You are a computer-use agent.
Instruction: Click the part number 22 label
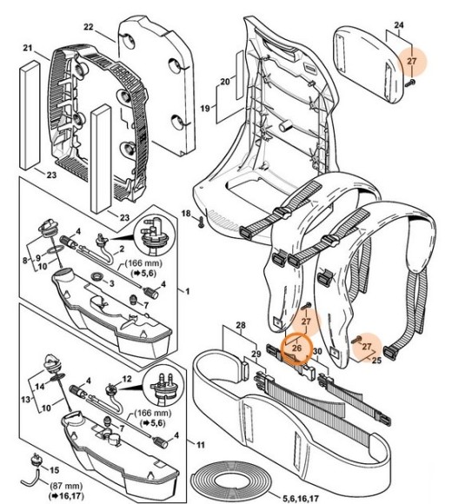[89, 27]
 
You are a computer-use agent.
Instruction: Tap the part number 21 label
[28, 48]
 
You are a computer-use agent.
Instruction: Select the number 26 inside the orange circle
[296, 348]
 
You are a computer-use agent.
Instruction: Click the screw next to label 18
[201, 222]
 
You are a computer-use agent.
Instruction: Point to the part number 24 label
[399, 24]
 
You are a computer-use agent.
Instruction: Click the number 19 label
[205, 108]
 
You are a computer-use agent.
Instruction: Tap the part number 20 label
[225, 82]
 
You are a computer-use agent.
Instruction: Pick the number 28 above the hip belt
[241, 325]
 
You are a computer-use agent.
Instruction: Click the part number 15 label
[55, 470]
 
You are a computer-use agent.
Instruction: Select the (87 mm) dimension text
[66, 486]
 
